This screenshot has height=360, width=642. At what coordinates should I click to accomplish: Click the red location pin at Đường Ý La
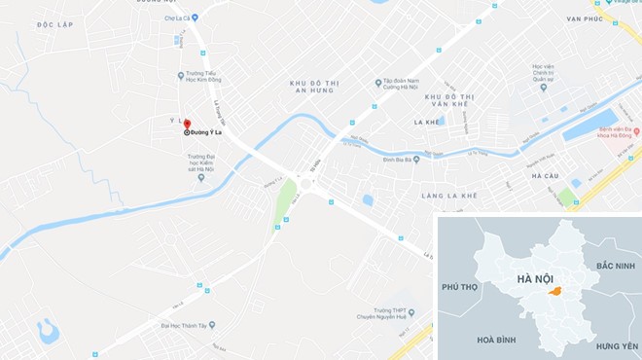(187, 124)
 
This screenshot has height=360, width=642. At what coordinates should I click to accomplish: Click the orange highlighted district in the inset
(553, 291)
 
